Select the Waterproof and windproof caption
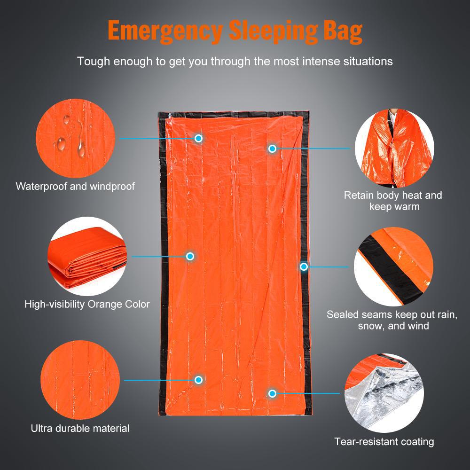pos(75,187)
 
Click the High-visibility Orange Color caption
pos(87,304)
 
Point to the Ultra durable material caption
pos(80,428)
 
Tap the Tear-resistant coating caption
pos(384,442)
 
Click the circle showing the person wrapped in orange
pos(393,148)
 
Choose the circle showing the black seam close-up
pos(393,266)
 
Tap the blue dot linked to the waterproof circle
pos(198,138)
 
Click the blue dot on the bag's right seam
pos(304,266)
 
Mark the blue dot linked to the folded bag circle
pos(190,256)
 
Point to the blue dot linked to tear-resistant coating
pos(272,393)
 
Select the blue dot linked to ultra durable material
pos(198,380)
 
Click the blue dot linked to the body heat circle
pos(272,149)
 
